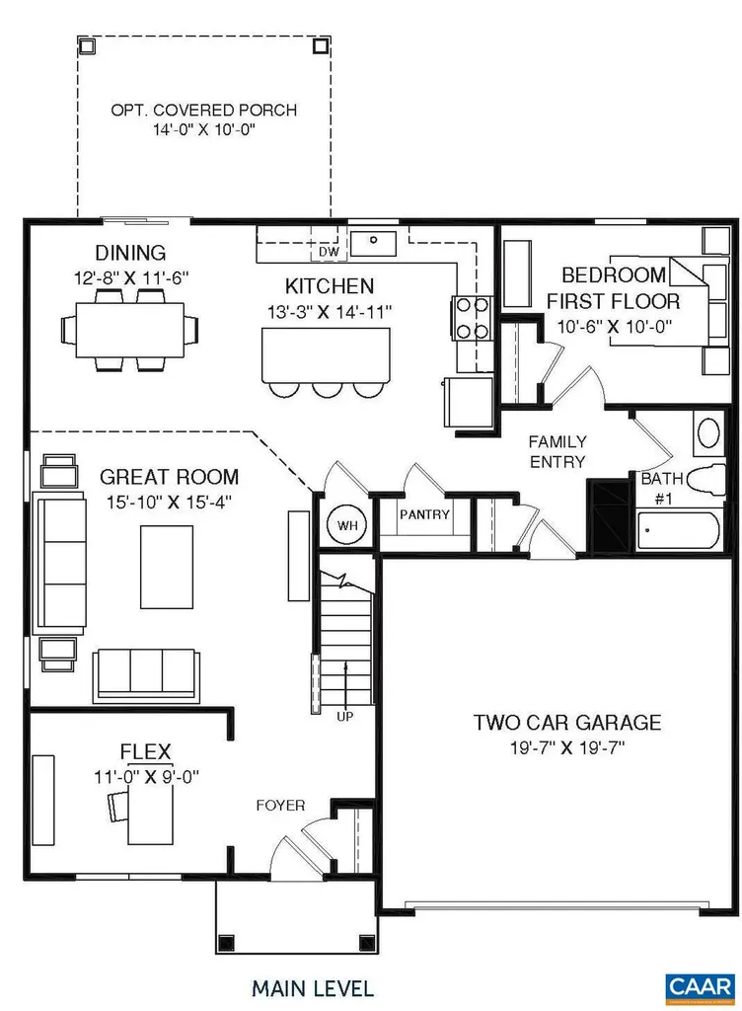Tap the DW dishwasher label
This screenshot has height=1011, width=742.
pos(329,253)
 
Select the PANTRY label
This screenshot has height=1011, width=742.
pos(424,514)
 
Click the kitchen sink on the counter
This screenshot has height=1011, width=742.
pos(375,240)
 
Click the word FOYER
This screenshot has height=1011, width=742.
pos(281,805)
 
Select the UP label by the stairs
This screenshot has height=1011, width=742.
pos(345,716)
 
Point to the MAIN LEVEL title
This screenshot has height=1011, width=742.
pos(312,987)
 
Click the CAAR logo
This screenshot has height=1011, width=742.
pos(699,985)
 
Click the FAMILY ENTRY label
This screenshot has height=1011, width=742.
pos(556,451)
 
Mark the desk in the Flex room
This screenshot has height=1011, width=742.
pos(150,820)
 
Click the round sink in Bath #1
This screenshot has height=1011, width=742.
pos(707,432)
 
